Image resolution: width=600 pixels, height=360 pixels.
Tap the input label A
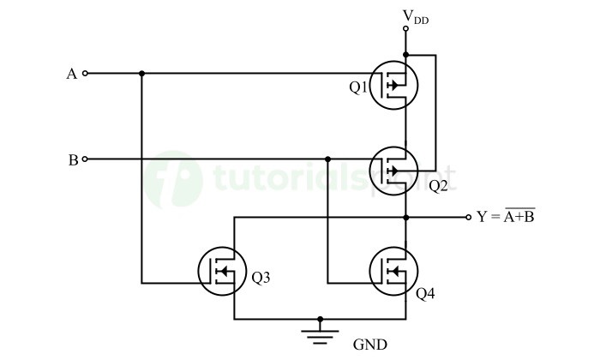click(x=72, y=74)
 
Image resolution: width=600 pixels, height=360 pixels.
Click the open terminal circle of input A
click(x=85, y=74)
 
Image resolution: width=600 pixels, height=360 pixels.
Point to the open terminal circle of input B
click(x=85, y=159)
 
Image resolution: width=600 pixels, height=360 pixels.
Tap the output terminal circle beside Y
click(x=468, y=217)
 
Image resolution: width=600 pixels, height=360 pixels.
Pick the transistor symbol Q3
click(x=223, y=272)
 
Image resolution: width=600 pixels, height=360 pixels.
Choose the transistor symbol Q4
click(x=395, y=272)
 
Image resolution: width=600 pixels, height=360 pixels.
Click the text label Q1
click(x=357, y=87)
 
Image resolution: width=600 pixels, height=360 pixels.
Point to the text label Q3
click(x=261, y=277)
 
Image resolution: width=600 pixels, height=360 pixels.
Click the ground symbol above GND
click(x=321, y=331)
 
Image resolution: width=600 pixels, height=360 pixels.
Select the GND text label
click(x=370, y=345)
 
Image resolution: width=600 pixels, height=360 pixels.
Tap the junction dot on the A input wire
click(x=141, y=74)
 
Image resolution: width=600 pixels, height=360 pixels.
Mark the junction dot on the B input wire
click(x=327, y=159)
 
